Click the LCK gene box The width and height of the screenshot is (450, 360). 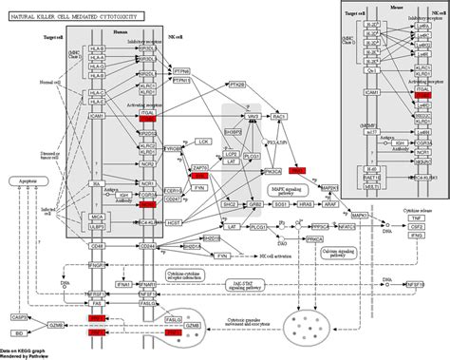pos(203,141)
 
